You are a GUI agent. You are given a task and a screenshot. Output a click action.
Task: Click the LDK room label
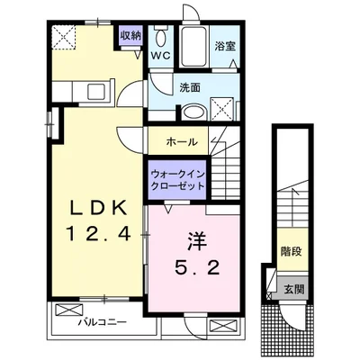pos(98,208)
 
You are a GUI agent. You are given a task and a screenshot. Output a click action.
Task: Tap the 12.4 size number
pos(98,233)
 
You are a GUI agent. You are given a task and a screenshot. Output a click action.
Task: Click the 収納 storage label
pos(130,36)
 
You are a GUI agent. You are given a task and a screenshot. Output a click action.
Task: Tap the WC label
pos(160,56)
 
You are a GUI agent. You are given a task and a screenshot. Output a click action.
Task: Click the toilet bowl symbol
pos(162,38)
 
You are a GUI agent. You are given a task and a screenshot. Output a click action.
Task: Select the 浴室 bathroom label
pos(225,47)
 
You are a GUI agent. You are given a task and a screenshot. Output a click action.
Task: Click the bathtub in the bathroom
pos(193,47)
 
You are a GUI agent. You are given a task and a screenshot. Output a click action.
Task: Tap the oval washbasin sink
pos(194,112)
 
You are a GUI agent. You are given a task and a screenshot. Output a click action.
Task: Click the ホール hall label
pos(182,141)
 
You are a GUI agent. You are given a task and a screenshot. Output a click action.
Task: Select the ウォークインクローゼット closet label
pos(178,180)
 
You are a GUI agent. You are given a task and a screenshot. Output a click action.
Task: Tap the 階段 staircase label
pos(291,251)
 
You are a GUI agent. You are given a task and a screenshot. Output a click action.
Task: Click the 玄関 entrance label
pos(294,290)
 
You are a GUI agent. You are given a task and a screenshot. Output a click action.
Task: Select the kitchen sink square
pos(96,92)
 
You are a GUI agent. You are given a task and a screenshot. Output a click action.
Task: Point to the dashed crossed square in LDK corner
pos(64,37)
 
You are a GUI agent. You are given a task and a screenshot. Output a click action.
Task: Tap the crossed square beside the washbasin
pos(222,109)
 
